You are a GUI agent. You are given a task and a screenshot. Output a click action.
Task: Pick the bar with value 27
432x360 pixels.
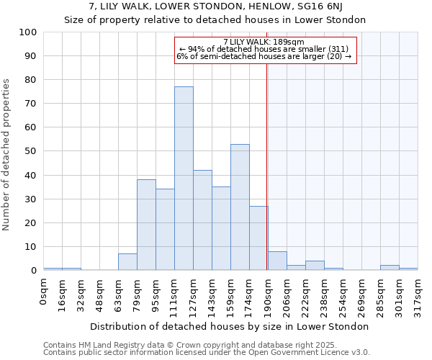[258, 238]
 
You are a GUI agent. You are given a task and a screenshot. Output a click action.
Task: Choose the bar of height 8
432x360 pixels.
[277, 261]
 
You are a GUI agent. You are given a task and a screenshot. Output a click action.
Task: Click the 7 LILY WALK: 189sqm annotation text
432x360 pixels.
[264, 42]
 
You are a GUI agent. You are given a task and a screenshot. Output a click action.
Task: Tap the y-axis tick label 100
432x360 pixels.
[28, 32]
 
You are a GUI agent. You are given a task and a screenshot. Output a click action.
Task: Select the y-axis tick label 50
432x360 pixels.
[30, 151]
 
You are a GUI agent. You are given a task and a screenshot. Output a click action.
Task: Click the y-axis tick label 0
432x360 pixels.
[33, 271]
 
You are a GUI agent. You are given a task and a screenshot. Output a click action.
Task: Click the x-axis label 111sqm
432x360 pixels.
[175, 295]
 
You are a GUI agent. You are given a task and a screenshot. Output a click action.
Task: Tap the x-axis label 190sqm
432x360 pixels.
[269, 295]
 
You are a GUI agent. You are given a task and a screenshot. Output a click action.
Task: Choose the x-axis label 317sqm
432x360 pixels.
[418, 295]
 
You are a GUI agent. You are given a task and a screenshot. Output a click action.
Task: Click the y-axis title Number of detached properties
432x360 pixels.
[7, 155]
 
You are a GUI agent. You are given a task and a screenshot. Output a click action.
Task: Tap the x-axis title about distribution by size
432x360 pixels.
[230, 327]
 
